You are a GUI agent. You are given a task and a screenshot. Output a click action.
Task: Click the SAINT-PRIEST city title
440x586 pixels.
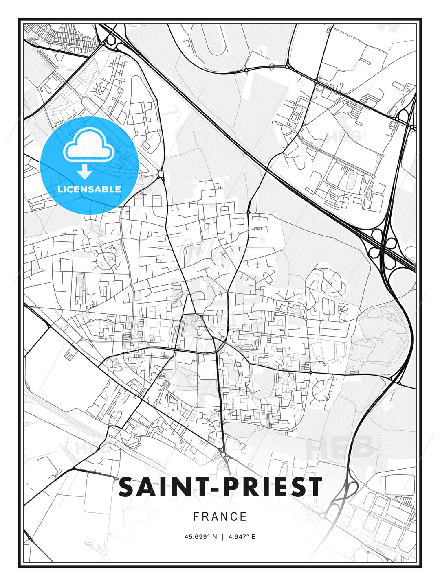(x=220, y=487)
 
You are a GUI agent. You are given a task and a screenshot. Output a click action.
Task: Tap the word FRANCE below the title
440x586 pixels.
(x=220, y=517)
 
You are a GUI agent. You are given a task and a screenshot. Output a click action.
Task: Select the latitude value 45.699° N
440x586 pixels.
(x=201, y=537)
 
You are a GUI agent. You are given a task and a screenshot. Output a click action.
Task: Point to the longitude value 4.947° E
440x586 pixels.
(x=242, y=537)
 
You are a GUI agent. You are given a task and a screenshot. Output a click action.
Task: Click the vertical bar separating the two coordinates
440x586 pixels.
(x=223, y=537)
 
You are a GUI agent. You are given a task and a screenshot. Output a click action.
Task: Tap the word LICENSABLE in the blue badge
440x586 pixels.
(x=89, y=189)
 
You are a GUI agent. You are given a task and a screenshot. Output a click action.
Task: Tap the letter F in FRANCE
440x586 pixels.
(x=196, y=517)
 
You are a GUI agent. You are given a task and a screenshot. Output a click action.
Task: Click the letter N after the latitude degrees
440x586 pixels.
(x=215, y=537)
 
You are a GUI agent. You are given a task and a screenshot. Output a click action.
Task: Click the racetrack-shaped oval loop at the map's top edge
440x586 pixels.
(x=216, y=41)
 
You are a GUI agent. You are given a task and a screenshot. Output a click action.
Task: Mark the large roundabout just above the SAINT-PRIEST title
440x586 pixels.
(x=223, y=454)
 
